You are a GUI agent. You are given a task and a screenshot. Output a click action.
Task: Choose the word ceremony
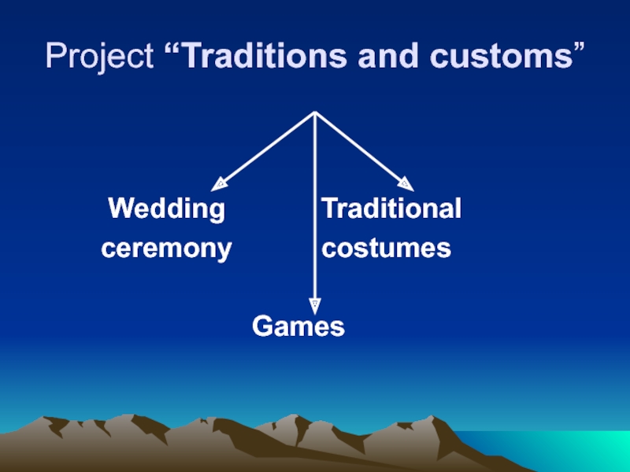click(166, 249)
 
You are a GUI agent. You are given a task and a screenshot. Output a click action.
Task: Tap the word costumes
click(387, 249)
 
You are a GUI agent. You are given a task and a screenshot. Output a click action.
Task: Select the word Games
click(298, 326)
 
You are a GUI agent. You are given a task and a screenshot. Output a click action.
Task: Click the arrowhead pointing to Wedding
click(220, 183)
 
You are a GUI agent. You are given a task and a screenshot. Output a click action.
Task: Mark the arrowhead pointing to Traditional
click(406, 183)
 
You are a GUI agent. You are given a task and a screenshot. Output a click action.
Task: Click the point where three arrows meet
click(315, 112)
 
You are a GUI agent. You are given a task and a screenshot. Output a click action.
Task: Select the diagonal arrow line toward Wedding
click(268, 147)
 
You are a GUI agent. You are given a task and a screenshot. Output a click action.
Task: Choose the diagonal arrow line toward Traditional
click(360, 147)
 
